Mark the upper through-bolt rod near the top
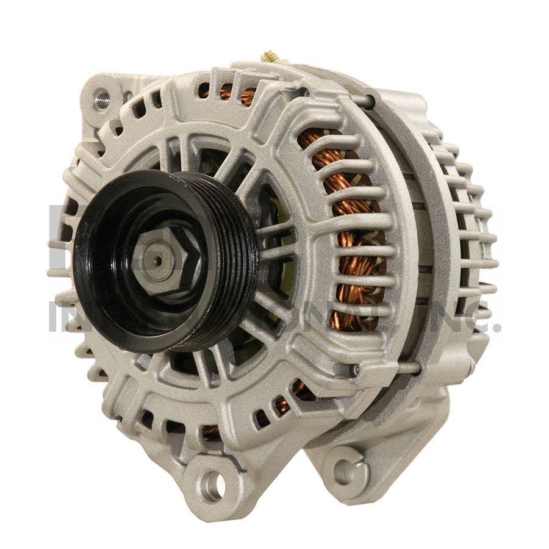click(365, 101)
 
